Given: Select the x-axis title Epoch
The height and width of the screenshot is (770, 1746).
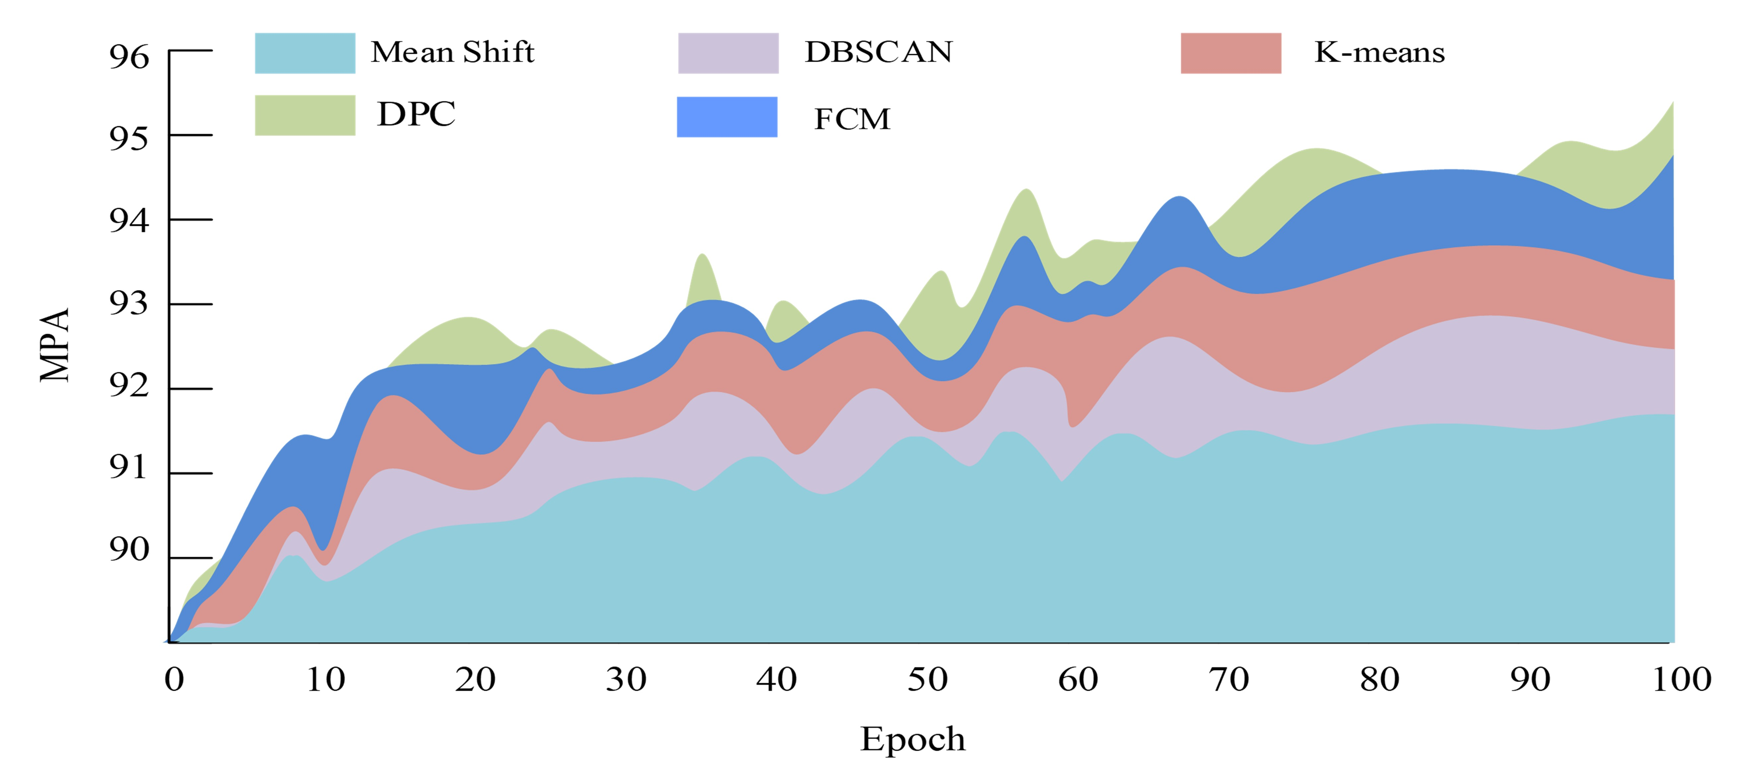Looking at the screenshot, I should coord(912,739).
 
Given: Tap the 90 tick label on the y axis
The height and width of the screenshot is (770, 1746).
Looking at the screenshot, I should coord(129,549).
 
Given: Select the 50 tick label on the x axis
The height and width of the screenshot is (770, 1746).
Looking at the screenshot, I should coord(927,679).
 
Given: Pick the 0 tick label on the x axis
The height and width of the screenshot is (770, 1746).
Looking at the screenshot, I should coord(174,679).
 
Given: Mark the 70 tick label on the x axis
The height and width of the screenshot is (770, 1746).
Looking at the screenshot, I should coord(1229,679).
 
